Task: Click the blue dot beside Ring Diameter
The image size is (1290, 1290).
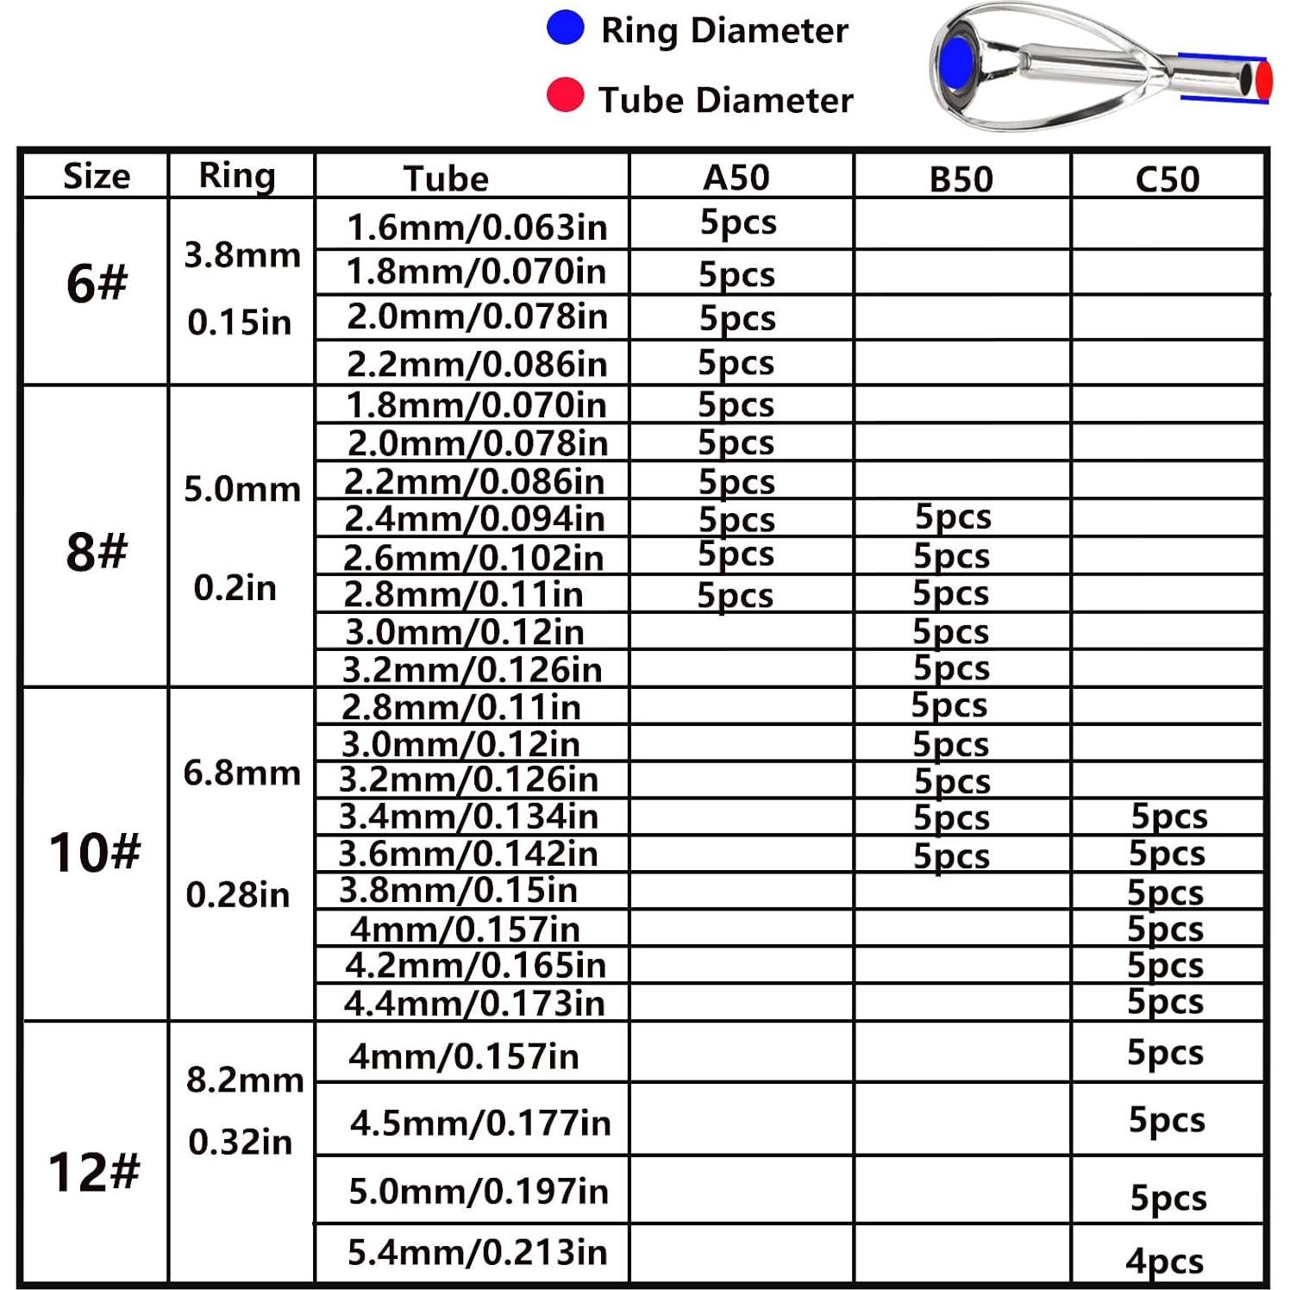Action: coord(566,28)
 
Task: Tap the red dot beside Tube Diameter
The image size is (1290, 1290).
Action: coord(566,95)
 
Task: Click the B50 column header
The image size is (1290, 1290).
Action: coord(961,179)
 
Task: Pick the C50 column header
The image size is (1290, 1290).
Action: coord(1167,179)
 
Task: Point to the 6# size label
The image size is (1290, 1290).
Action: coord(97,283)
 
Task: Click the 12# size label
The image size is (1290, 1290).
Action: coord(94,1172)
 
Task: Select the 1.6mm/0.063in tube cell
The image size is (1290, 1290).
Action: coord(477,228)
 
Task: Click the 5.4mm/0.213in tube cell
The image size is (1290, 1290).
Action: coord(477,1252)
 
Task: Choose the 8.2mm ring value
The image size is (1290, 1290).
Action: coord(245,1080)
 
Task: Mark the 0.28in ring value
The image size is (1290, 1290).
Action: coord(238,895)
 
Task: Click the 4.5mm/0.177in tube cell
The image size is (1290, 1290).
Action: coord(480,1123)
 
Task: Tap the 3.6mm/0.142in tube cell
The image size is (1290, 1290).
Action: coord(467,854)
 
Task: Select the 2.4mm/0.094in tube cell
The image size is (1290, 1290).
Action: coord(474,518)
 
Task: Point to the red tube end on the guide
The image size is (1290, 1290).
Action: coord(1263,79)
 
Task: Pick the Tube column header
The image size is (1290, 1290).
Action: coord(446,178)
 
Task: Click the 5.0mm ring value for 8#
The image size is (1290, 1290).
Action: coord(242,490)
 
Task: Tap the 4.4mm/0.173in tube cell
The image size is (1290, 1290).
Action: coord(474,1003)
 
